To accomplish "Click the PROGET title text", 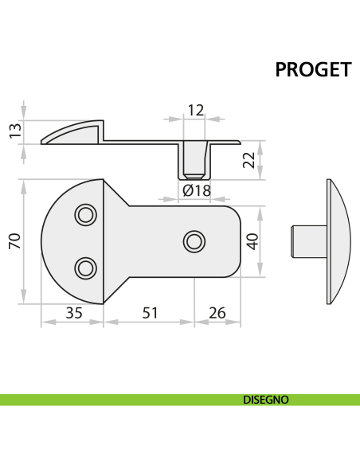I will point(313,70).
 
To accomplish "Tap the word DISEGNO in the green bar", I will point(265,400).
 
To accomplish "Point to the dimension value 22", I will point(250,160).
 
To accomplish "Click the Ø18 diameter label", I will point(196,190).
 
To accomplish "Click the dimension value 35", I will point(73,313).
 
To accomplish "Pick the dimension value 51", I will point(149,313).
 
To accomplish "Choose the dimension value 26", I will point(217,313).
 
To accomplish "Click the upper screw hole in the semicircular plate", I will point(84,214).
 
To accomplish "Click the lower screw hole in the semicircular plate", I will point(84,268).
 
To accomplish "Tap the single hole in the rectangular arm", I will point(194,240).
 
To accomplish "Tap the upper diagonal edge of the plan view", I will point(117,193).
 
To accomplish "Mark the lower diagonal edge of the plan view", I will point(117,290).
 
